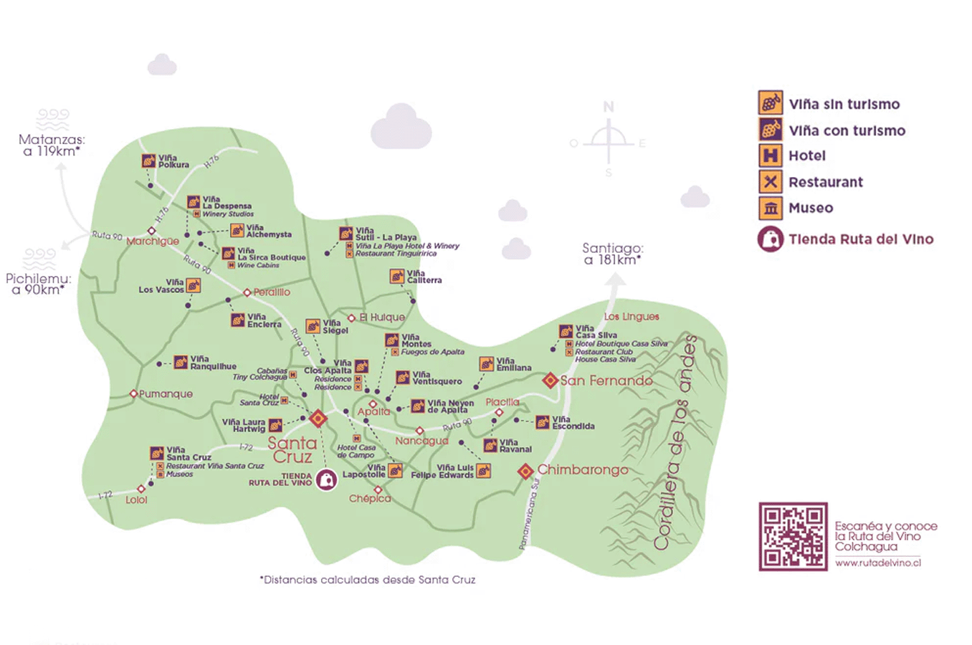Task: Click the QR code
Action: (x=793, y=536)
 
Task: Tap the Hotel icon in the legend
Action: (x=770, y=156)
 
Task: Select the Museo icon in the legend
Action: (x=770, y=208)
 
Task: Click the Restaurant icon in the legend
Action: (x=770, y=182)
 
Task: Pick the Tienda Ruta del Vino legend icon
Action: (x=770, y=239)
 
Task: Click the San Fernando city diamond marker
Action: (x=550, y=381)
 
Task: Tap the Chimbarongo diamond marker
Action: (x=525, y=471)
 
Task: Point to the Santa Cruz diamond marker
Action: (x=318, y=419)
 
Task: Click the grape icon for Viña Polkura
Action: (x=148, y=161)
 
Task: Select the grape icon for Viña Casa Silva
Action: (x=566, y=331)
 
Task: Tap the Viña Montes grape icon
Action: (x=391, y=340)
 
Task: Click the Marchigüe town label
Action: (x=153, y=242)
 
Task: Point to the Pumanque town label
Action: (x=166, y=394)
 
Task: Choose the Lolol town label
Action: (x=136, y=500)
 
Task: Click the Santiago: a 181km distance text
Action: (x=612, y=254)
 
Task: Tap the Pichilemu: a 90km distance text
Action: (x=39, y=284)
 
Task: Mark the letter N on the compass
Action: (x=609, y=107)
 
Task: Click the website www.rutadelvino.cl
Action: (x=877, y=563)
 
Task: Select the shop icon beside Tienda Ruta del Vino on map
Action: (x=327, y=479)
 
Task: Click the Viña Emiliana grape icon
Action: (x=486, y=364)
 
